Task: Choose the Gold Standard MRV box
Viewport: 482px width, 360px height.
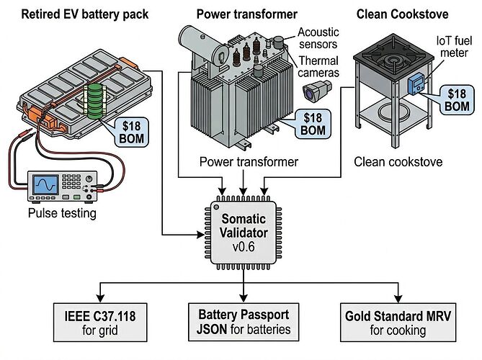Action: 398,323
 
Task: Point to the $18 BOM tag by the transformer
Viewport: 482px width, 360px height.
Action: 312,123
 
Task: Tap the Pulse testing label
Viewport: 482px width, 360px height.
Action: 61,213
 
